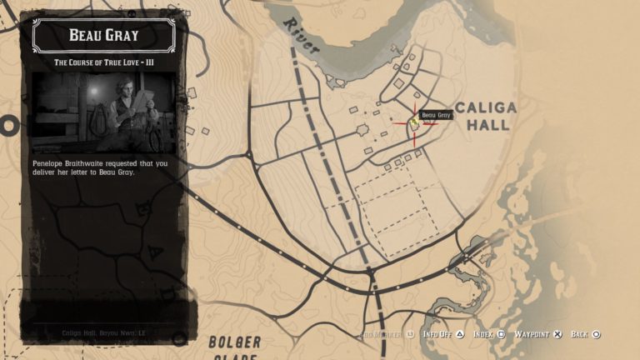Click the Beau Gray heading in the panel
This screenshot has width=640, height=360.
[x=103, y=35]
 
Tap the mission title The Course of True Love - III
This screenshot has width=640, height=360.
[x=103, y=62]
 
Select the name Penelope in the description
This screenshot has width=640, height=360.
[x=52, y=163]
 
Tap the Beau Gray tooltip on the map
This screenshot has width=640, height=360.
[x=435, y=115]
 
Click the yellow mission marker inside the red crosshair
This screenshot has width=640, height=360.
[x=413, y=122]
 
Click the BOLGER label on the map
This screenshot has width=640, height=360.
[x=235, y=342]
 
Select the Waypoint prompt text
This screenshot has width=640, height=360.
[x=531, y=334]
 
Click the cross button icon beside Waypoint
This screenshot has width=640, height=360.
[x=557, y=334]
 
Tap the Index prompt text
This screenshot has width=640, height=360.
[x=483, y=334]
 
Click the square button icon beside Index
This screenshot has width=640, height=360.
[x=502, y=334]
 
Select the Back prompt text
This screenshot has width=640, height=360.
[x=580, y=334]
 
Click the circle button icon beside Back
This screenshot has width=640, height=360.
[x=597, y=334]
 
